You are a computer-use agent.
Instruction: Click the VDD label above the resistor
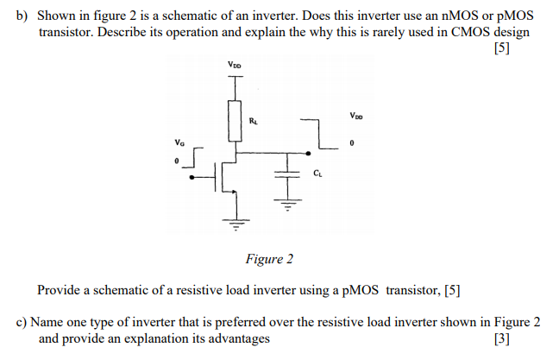235,65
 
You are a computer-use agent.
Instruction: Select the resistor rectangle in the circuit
234,121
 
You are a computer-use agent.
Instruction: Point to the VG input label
179,142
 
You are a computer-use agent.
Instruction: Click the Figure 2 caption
269,258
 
